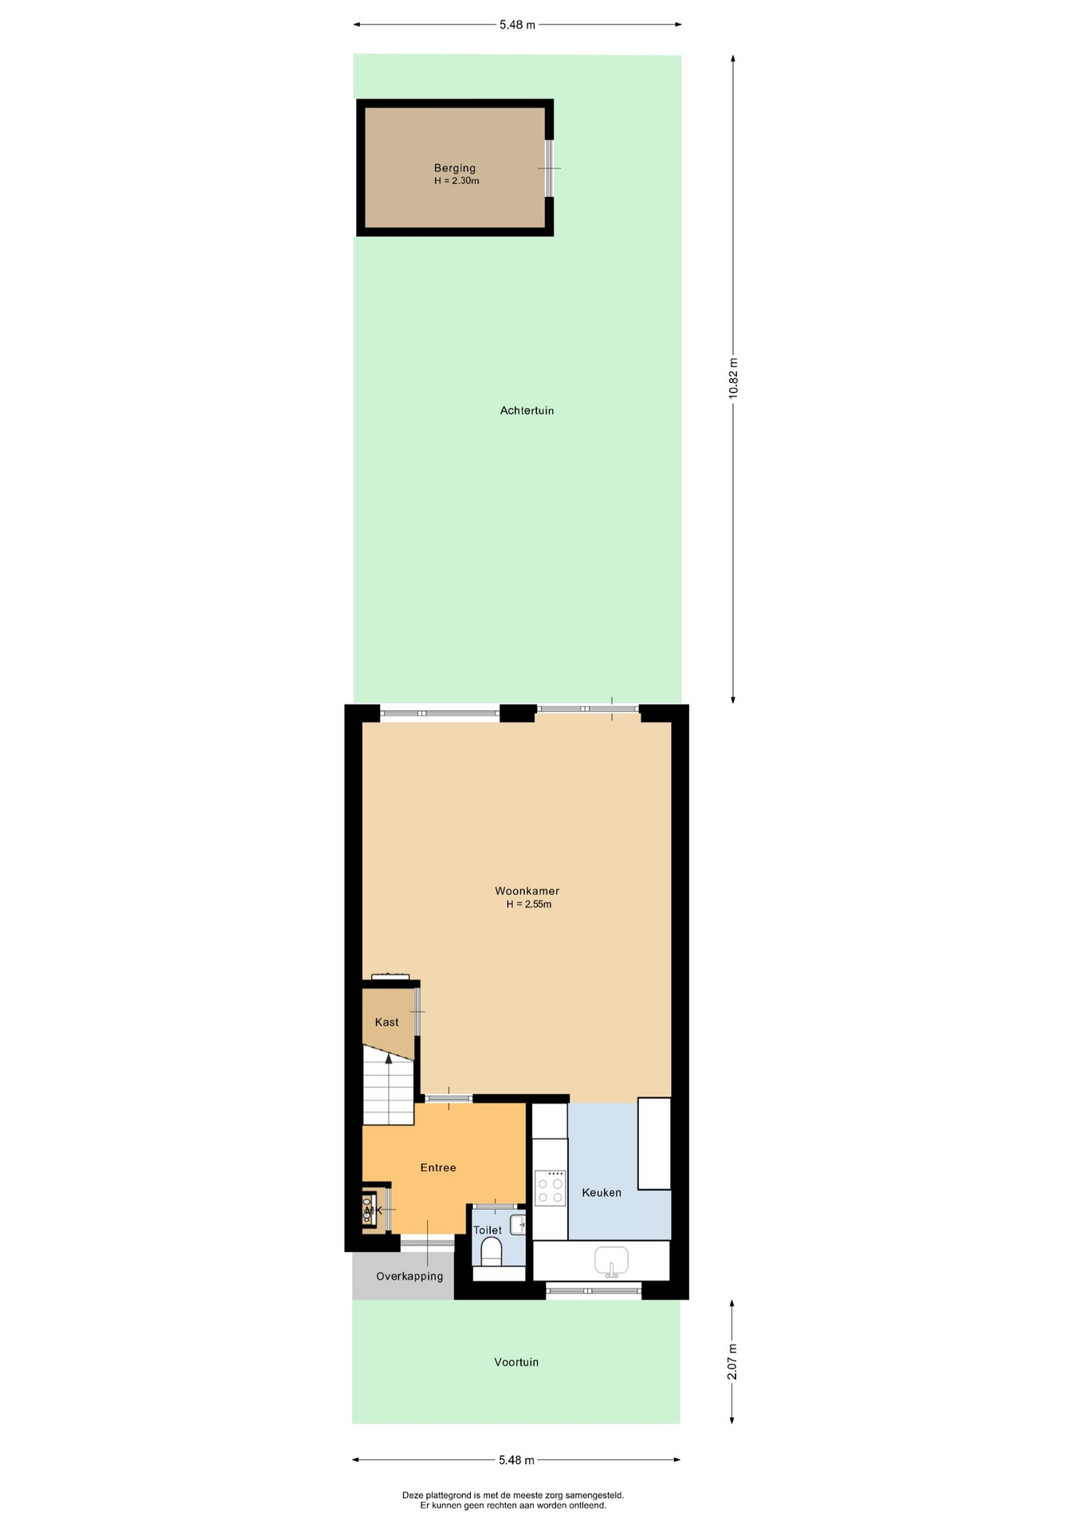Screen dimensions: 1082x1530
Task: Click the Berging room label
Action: pos(454,168)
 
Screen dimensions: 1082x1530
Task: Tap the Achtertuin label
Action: pos(527,410)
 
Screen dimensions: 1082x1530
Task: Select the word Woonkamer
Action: pos(527,891)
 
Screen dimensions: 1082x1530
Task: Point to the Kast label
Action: pos(386,1022)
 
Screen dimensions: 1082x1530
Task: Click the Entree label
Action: pos(438,1167)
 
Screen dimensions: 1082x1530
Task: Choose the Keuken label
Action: pos(602,1192)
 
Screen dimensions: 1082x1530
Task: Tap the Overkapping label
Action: pos(410,1276)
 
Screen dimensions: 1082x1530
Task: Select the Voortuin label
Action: pos(516,1362)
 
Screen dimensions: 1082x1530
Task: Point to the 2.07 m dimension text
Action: pos(732,1362)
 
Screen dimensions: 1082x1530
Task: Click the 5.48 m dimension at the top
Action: pos(517,25)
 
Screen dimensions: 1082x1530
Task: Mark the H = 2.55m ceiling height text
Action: pos(529,904)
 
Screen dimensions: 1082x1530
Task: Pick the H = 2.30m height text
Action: pos(457,181)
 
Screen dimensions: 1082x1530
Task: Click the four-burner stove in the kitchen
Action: pos(550,1188)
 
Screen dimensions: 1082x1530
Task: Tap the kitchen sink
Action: pos(611,1261)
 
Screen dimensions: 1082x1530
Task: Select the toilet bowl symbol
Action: pos(492,1252)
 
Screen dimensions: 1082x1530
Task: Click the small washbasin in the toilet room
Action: pos(518,1225)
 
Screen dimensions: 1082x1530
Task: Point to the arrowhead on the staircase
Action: pos(389,1058)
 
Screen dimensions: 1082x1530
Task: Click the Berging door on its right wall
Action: pos(549,168)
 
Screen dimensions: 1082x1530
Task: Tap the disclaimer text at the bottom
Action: pos(513,1501)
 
